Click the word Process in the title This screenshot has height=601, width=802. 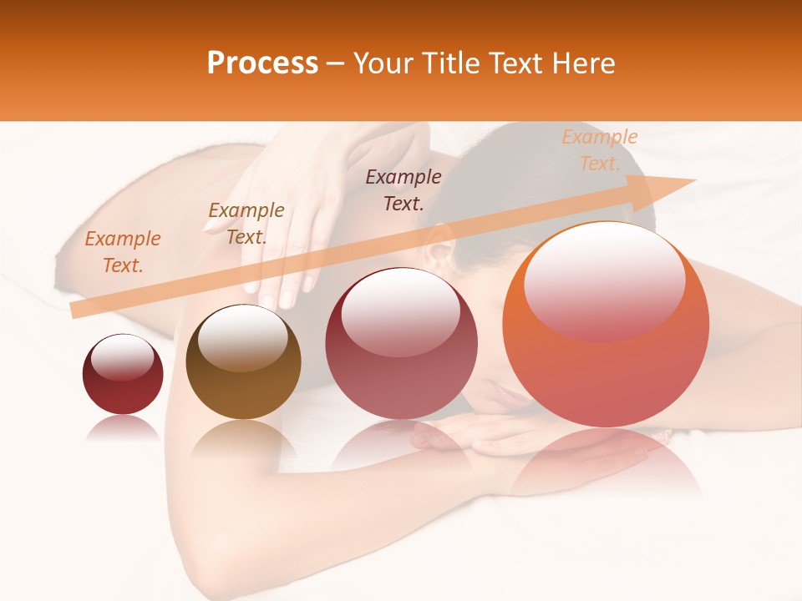[262, 63]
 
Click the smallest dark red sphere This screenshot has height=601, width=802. [123, 374]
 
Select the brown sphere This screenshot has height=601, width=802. [243, 362]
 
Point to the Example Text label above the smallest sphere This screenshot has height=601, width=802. [123, 251]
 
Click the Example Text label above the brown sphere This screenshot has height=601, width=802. [246, 223]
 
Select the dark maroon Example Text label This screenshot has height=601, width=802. [404, 189]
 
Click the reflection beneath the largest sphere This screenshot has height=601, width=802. [606, 463]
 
